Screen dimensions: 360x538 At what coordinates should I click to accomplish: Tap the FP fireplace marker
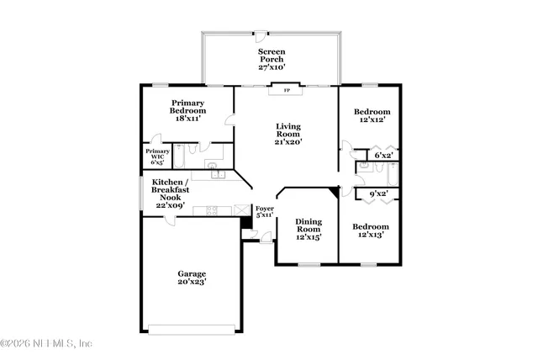tap(286, 90)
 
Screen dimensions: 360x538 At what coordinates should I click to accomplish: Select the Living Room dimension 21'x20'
tap(288, 142)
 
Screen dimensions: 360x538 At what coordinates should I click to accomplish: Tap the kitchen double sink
tap(217, 175)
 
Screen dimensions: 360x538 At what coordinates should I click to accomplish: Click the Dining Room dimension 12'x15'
tap(308, 237)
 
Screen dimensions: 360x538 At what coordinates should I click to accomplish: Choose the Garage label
tap(192, 274)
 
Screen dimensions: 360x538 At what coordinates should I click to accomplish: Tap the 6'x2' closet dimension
tap(383, 156)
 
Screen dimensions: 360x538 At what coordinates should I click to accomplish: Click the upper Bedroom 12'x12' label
tap(371, 116)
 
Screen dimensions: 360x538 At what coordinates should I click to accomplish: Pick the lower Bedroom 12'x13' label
tap(370, 230)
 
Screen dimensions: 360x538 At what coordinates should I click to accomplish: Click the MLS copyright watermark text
tap(46, 343)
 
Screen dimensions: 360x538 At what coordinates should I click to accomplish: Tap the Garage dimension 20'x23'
tap(192, 283)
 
